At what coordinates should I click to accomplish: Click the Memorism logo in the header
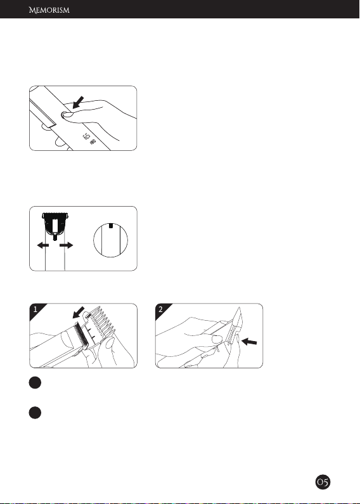coord(49,10)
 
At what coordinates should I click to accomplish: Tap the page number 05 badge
coord(323,482)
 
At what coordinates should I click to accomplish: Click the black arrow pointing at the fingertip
coord(79,102)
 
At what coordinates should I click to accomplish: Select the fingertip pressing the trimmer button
coord(66,114)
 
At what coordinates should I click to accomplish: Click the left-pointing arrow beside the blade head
coord(42,245)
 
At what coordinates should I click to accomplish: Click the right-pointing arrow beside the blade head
coord(66,245)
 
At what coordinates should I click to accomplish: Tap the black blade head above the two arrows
coord(56,224)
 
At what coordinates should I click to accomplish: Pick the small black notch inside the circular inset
coord(110,226)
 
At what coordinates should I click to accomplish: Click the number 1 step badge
coord(35,310)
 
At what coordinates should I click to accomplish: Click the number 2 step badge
coord(161,310)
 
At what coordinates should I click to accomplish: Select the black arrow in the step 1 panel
coord(79,313)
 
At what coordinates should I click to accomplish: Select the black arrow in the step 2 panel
coord(249,342)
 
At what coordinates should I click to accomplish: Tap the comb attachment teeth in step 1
coord(102,320)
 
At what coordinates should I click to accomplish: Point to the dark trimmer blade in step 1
coord(81,335)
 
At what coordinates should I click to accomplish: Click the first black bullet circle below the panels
coord(35,382)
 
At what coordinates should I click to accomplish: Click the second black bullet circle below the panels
coord(35,413)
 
